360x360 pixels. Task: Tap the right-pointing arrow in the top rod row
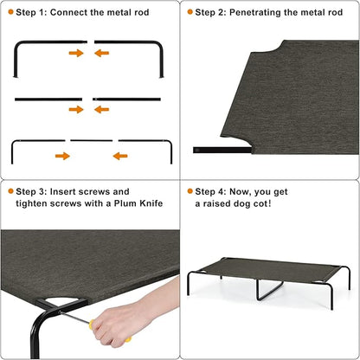76,53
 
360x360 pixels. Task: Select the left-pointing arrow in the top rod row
102,53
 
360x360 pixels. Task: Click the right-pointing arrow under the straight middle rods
76,109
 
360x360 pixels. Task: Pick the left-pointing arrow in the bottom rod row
119,156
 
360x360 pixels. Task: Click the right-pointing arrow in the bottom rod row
62,156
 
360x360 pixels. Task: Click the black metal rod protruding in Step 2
206,150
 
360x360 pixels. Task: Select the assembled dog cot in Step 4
269,277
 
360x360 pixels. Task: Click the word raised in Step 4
216,203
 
